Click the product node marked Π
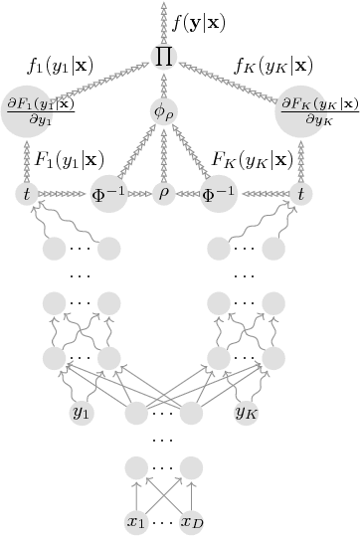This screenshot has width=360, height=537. coord(165,56)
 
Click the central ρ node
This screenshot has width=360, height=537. coord(165,193)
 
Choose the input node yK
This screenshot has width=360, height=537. coord(248,410)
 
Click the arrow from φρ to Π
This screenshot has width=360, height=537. coord(165,85)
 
